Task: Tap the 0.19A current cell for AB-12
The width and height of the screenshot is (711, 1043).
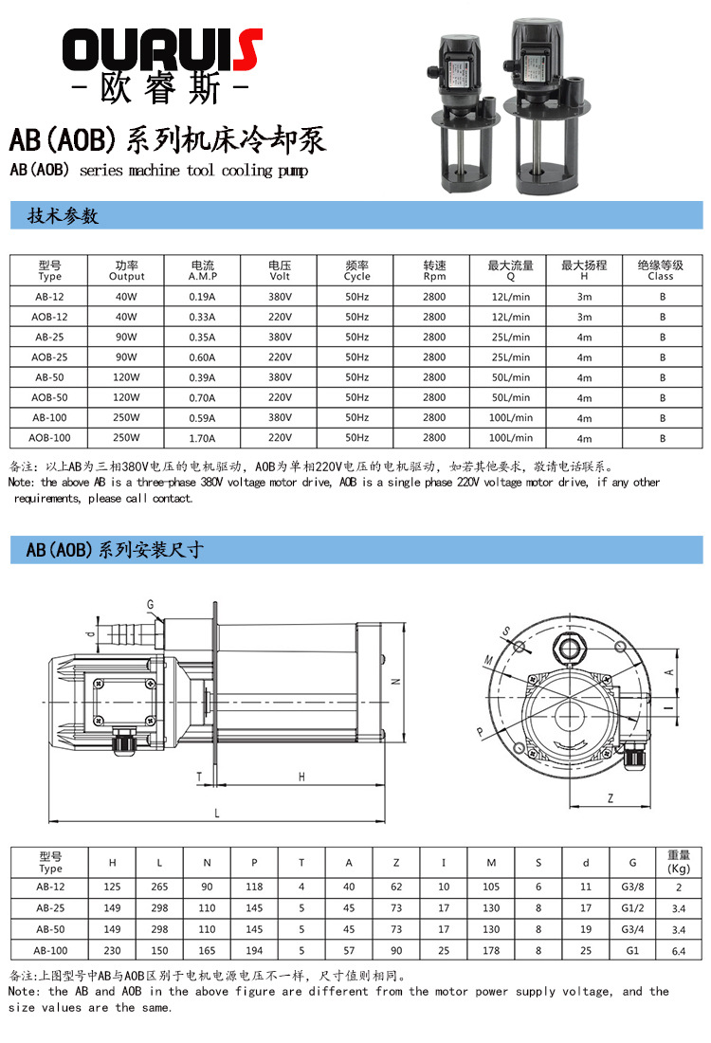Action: tap(203, 296)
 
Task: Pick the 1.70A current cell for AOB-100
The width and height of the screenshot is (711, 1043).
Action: tap(203, 438)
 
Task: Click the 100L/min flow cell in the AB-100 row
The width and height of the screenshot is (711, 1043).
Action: tap(511, 417)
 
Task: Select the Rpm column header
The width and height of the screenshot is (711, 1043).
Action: tap(433, 271)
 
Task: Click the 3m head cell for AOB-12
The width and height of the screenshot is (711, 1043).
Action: tap(584, 317)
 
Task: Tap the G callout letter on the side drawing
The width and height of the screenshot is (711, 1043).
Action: tap(150, 604)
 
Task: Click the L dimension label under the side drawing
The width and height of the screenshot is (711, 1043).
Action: tap(217, 814)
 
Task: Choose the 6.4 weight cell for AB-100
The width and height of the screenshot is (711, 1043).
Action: tap(679, 951)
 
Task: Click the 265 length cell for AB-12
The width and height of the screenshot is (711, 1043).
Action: tap(159, 887)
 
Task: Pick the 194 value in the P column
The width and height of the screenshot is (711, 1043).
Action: tap(254, 951)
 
